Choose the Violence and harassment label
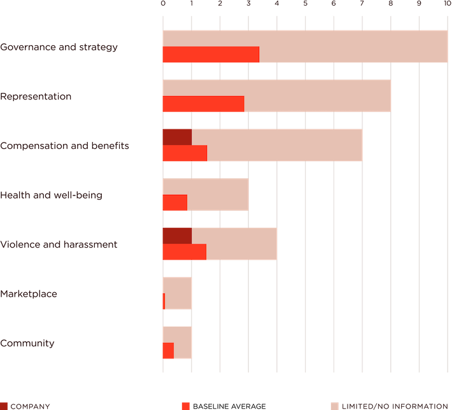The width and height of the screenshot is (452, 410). [58, 244]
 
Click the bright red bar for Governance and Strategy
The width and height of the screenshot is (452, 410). [211, 55]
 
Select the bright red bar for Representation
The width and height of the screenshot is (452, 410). [203, 104]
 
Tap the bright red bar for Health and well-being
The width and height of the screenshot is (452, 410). [174, 202]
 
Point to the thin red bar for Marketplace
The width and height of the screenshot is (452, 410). [164, 301]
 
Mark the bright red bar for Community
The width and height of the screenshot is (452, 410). [168, 351]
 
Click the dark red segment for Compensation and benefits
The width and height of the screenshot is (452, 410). [176, 137]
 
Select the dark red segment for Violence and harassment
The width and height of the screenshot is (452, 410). [176, 236]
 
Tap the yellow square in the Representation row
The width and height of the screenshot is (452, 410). [404, 95]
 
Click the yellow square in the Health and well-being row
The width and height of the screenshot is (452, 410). [262, 194]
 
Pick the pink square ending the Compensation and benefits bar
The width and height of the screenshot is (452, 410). [376, 145]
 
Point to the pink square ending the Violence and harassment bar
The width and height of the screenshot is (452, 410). [291, 244]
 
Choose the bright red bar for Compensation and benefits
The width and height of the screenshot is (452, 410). [185, 153]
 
